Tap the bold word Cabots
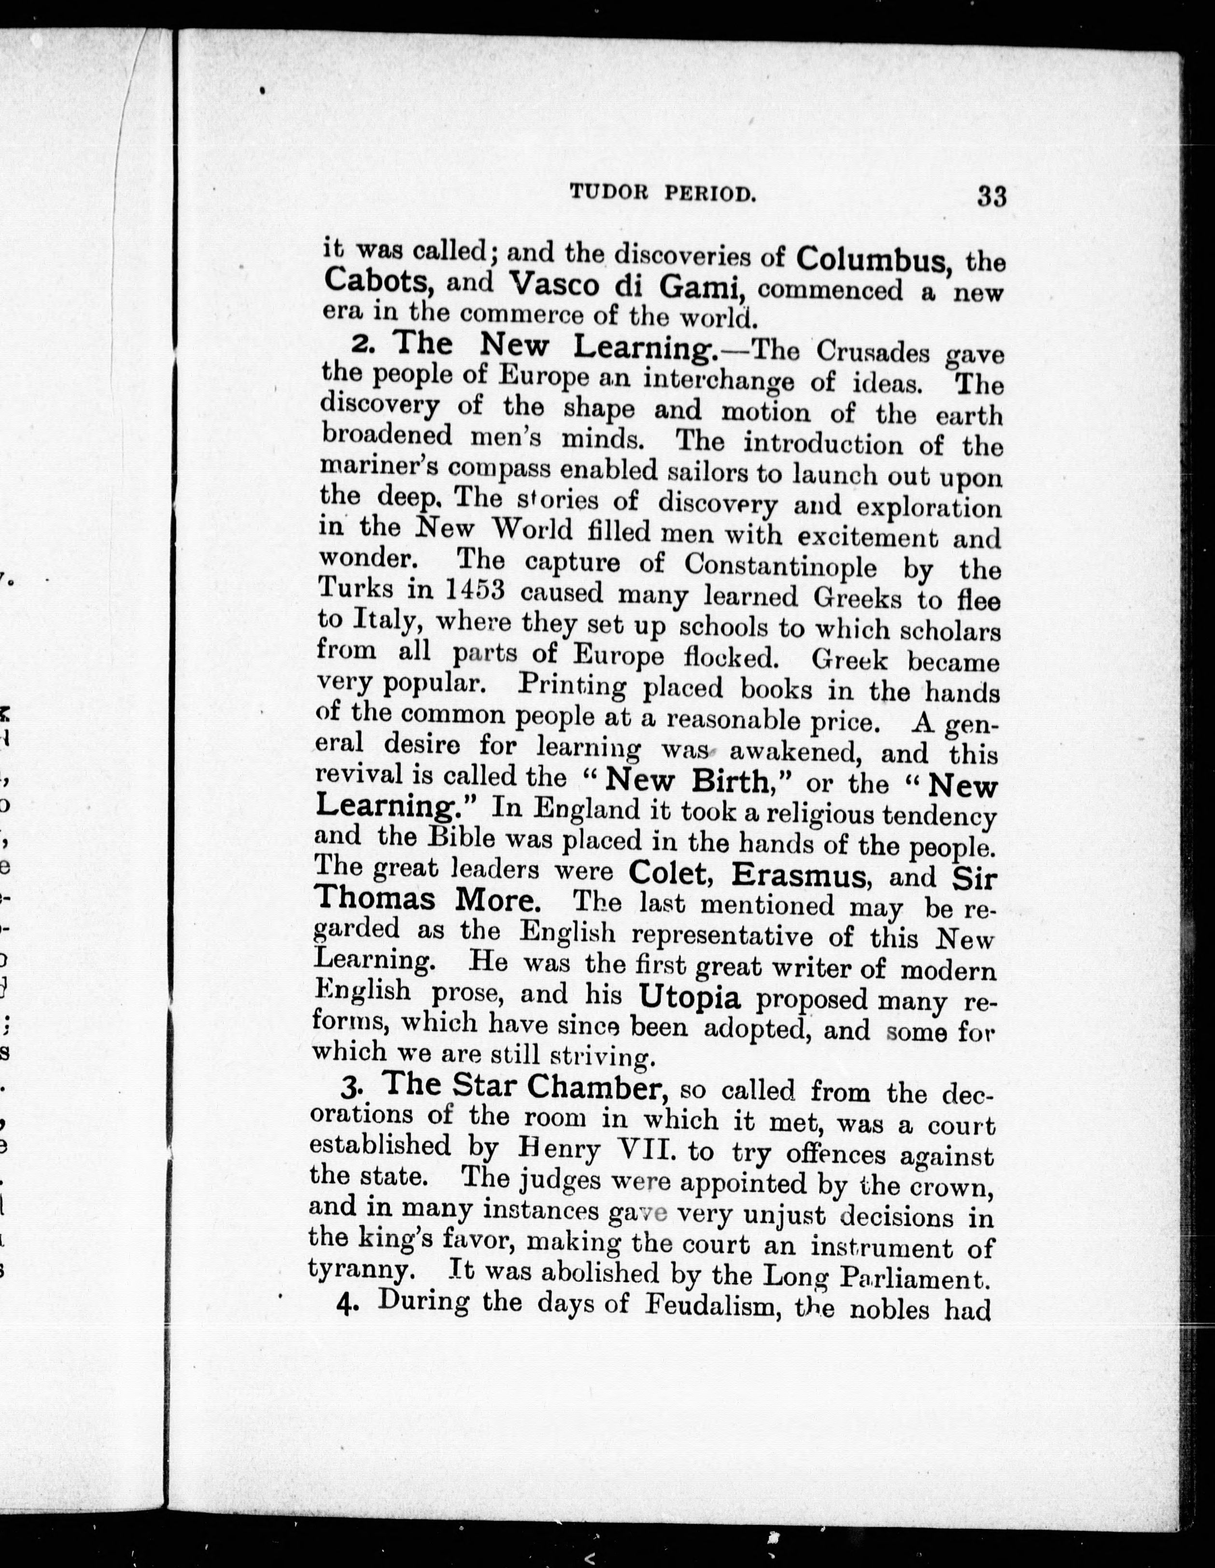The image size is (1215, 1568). (x=378, y=280)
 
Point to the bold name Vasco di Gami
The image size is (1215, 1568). (x=625, y=286)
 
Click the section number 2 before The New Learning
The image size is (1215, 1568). (x=360, y=345)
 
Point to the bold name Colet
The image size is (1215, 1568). (x=672, y=872)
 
